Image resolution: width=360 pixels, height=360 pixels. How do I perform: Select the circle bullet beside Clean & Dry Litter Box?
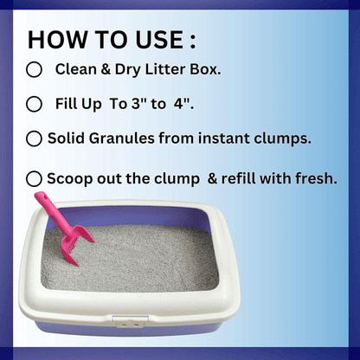(x=34, y=69)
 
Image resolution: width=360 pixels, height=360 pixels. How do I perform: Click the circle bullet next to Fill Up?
(x=34, y=104)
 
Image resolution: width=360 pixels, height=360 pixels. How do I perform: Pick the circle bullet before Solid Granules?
(x=34, y=138)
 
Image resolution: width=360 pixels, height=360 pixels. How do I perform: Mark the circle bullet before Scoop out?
(x=34, y=178)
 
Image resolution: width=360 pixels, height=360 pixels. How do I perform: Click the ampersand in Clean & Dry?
(x=106, y=69)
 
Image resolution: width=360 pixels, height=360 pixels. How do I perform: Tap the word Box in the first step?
(x=205, y=69)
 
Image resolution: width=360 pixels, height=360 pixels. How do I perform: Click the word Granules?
(x=121, y=138)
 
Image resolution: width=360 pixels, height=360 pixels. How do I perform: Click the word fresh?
(x=316, y=178)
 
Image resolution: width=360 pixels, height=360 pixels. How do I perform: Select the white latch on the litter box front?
(x=130, y=321)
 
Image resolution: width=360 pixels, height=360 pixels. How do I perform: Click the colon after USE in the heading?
(x=193, y=42)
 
